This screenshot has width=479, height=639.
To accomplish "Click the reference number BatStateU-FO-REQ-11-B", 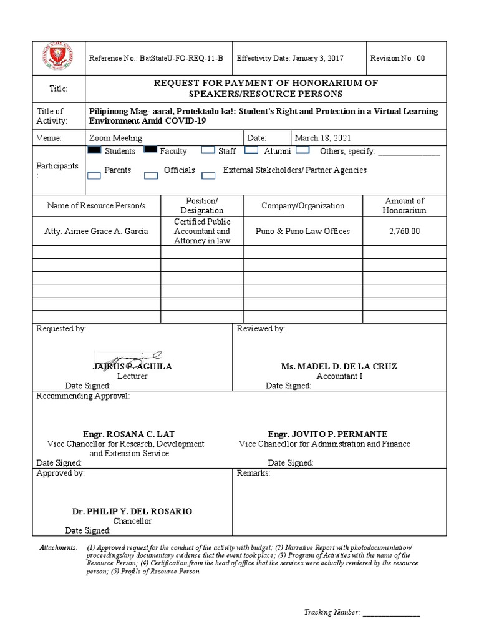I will click(x=156, y=58).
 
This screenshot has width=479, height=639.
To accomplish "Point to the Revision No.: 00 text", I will click(x=397, y=58).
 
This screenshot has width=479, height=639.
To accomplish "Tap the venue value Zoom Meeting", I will click(x=116, y=138).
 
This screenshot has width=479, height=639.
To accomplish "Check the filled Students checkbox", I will click(x=94, y=150).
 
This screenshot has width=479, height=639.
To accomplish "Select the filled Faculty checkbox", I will click(x=150, y=150).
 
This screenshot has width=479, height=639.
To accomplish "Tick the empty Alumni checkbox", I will click(x=251, y=150).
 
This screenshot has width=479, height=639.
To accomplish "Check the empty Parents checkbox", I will click(x=94, y=175).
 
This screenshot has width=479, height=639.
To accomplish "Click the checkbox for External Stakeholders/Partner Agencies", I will click(x=208, y=175).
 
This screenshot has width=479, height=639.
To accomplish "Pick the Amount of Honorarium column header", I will click(x=404, y=205).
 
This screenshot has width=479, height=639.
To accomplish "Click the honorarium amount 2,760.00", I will click(x=404, y=231).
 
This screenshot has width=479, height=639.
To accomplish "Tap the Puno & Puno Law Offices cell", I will click(x=302, y=231).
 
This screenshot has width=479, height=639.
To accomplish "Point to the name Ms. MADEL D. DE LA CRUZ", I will click(x=339, y=366).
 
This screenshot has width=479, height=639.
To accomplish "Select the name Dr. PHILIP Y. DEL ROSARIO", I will click(x=132, y=511).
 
